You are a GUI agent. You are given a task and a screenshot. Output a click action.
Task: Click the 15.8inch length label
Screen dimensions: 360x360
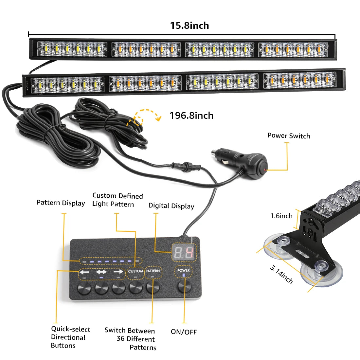(189, 26)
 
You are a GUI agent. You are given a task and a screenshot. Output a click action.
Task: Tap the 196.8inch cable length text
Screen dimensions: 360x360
(191, 116)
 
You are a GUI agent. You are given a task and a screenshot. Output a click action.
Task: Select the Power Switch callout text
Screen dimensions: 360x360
(289, 136)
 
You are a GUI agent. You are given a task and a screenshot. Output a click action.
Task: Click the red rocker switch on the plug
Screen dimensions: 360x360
(262, 169)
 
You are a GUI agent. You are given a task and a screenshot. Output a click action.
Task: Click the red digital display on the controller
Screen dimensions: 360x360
(184, 252)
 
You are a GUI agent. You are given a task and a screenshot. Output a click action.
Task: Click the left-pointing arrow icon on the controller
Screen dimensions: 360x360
(84, 272)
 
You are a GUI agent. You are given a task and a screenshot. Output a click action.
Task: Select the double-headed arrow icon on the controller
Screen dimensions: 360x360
(101, 272)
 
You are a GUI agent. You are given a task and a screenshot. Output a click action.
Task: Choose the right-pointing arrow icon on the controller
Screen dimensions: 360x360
(118, 272)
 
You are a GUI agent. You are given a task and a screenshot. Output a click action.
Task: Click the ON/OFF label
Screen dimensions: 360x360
(184, 332)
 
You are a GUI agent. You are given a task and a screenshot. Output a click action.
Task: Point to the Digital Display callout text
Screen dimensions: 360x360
(171, 206)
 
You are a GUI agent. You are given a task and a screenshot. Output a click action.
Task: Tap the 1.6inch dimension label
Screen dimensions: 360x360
(281, 216)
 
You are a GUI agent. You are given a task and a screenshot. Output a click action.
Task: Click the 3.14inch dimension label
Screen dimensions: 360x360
(281, 274)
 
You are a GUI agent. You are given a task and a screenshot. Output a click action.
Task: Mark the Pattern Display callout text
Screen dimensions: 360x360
(61, 203)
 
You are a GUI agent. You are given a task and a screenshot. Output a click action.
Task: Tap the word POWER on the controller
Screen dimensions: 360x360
(184, 270)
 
